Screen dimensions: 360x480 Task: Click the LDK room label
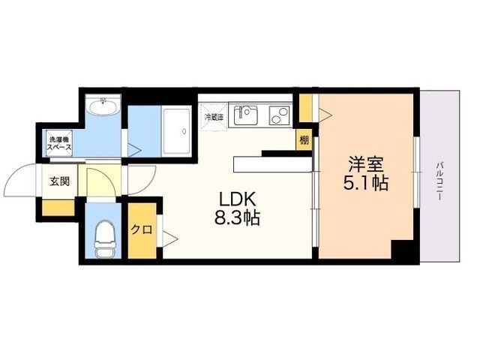click(238, 199)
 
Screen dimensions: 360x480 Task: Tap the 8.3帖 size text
click(238, 219)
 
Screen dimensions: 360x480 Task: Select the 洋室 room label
click(367, 163)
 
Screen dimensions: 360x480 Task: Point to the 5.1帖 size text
click(367, 182)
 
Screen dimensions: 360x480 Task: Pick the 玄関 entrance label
click(60, 181)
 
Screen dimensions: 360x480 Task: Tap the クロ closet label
click(141, 230)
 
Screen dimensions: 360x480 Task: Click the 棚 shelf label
click(304, 139)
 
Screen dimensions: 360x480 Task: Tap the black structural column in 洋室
click(405, 250)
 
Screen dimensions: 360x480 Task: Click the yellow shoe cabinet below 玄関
click(58, 206)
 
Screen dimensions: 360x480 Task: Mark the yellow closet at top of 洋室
click(305, 105)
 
